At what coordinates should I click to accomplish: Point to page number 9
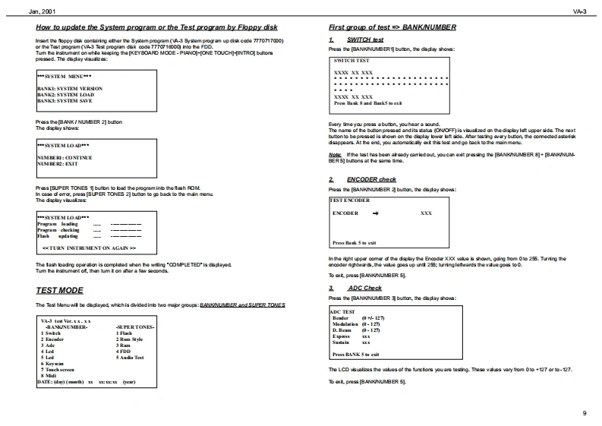pyautogui.click(x=584, y=412)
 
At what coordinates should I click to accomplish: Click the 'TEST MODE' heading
pyautogui.click(x=59, y=290)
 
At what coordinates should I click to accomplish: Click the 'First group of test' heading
pyautogui.click(x=392, y=27)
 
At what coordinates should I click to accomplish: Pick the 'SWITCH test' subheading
pyautogui.click(x=365, y=39)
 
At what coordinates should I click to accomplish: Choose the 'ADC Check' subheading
pyautogui.click(x=364, y=289)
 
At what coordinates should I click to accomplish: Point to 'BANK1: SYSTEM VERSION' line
pyautogui.click(x=70, y=88)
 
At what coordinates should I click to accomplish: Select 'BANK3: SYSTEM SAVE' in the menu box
pyautogui.click(x=65, y=100)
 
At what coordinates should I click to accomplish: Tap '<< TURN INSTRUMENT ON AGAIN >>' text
pyautogui.click(x=89, y=248)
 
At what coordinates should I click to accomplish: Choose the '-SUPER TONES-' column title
pyautogui.click(x=135, y=327)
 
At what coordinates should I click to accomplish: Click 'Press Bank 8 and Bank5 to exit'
pyautogui.click(x=368, y=103)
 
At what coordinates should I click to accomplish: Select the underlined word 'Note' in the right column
pyautogui.click(x=336, y=154)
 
